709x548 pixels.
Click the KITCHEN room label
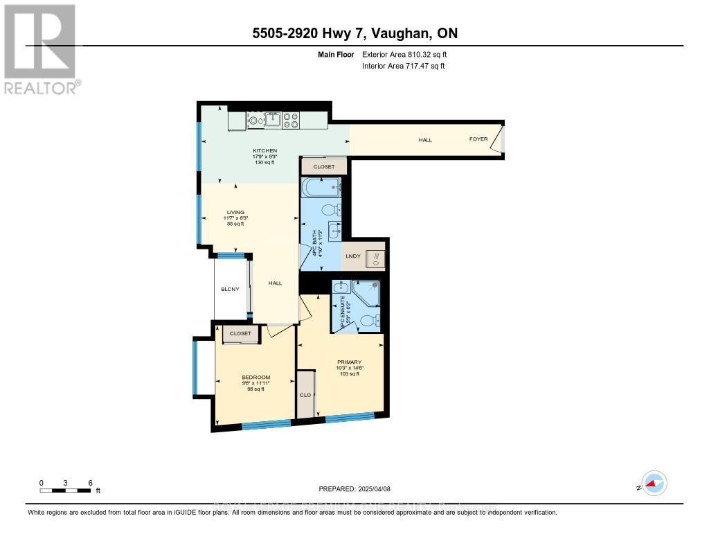point(264,150)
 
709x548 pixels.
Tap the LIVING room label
point(235,213)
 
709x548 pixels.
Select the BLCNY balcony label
point(230,289)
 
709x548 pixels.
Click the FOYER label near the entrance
point(478,139)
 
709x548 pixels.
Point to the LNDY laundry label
point(353,257)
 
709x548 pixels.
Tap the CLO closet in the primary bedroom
point(305,395)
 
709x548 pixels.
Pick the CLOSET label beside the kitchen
point(323,167)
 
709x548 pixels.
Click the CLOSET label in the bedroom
point(240,333)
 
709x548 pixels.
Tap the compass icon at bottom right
point(653,484)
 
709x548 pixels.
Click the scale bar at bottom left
point(66,490)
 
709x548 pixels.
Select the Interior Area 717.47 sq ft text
point(403,66)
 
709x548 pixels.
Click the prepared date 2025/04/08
point(354,489)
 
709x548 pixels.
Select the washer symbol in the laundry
point(375,258)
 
